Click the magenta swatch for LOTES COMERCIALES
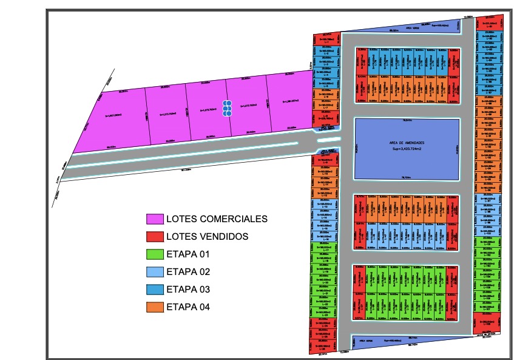point(155,219)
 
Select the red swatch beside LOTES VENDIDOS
point(155,236)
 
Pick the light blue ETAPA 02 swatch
point(155,271)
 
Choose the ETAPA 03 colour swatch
point(155,289)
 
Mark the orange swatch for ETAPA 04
point(155,307)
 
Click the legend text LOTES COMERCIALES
point(217,219)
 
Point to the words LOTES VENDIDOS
point(207,236)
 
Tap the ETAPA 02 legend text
point(188,271)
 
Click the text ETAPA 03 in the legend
point(188,289)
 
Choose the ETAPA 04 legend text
point(188,307)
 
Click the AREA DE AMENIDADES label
point(407,143)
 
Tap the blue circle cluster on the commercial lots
point(227,108)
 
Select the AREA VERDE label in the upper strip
point(413,28)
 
